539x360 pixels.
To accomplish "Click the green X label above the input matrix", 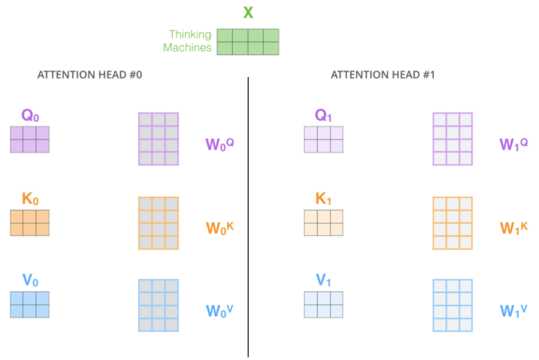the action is click(x=248, y=13).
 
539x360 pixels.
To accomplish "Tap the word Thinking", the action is click(x=190, y=35).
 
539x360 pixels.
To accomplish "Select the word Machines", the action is click(x=187, y=47).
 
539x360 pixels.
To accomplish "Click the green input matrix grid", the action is click(x=248, y=42).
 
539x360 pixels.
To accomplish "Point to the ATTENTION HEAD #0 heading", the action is click(x=90, y=75).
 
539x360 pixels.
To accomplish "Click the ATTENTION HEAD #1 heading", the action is click(x=383, y=75).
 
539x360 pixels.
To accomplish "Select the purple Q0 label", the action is click(x=30, y=115).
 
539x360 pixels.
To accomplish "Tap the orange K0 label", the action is click(x=30, y=199).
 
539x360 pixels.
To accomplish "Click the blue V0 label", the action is click(x=30, y=280).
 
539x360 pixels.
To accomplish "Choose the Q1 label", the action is click(x=323, y=115).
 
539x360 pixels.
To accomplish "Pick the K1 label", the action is click(x=323, y=199).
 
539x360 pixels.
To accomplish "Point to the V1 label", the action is click(x=323, y=280).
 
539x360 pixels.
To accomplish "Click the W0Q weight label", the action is click(x=219, y=145).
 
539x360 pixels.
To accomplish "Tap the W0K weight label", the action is click(x=219, y=228).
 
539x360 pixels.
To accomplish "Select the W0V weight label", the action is click(x=219, y=311).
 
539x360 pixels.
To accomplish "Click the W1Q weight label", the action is click(x=514, y=145).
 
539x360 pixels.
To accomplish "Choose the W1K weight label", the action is click(x=514, y=228).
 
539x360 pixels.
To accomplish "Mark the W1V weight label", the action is click(x=513, y=311).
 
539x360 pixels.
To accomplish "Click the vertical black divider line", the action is click(x=248, y=217).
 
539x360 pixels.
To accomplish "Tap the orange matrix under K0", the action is click(x=30, y=223).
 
